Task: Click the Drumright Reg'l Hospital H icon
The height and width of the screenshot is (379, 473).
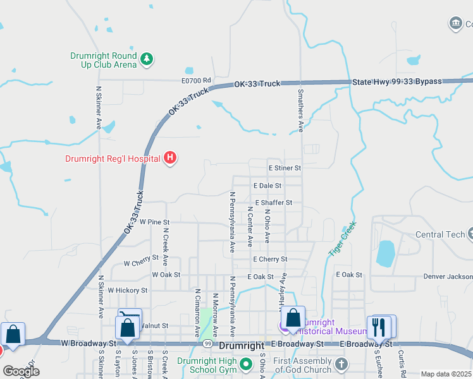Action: pos(170,158)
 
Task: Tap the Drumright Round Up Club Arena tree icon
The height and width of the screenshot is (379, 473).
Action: pos(147,59)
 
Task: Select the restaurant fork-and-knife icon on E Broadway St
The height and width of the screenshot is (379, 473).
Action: pos(379,327)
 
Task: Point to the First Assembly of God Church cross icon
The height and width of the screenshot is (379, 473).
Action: pos(341,364)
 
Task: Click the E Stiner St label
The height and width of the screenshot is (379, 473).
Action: pos(285,168)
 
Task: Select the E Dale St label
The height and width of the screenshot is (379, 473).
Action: pos(267,186)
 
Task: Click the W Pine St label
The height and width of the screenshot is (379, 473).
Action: pos(155,222)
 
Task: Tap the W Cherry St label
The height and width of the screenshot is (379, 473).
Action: pos(141,263)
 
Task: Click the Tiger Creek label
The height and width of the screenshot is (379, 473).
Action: pos(342,238)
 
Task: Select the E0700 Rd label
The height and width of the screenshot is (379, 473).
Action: pos(195,81)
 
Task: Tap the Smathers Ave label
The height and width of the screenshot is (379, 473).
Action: pos(300,110)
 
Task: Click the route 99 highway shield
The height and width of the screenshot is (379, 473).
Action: pos(207,344)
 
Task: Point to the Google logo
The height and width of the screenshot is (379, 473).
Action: pos(20,371)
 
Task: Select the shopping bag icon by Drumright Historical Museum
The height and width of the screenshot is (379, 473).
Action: pos(293,318)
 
